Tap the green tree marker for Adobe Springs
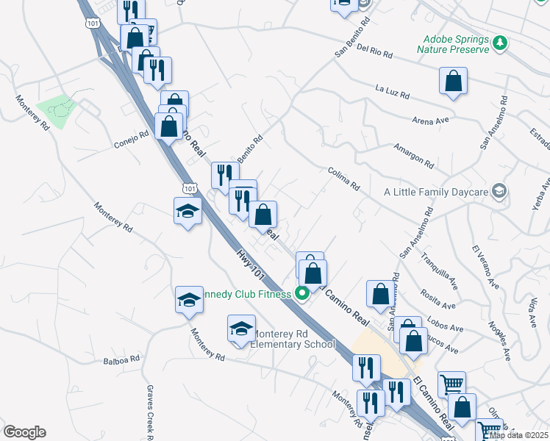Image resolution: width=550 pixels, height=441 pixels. (500, 41)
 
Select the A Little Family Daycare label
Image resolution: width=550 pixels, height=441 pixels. (436, 192)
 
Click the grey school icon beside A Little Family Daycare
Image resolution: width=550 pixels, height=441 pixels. (500, 192)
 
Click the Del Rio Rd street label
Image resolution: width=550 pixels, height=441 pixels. (374, 53)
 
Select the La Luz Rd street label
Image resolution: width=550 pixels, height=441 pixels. (391, 90)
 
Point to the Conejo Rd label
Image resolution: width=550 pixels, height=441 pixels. (132, 139)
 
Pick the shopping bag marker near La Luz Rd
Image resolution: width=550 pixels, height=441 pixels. (453, 82)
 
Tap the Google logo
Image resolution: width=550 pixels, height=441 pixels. (24, 432)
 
